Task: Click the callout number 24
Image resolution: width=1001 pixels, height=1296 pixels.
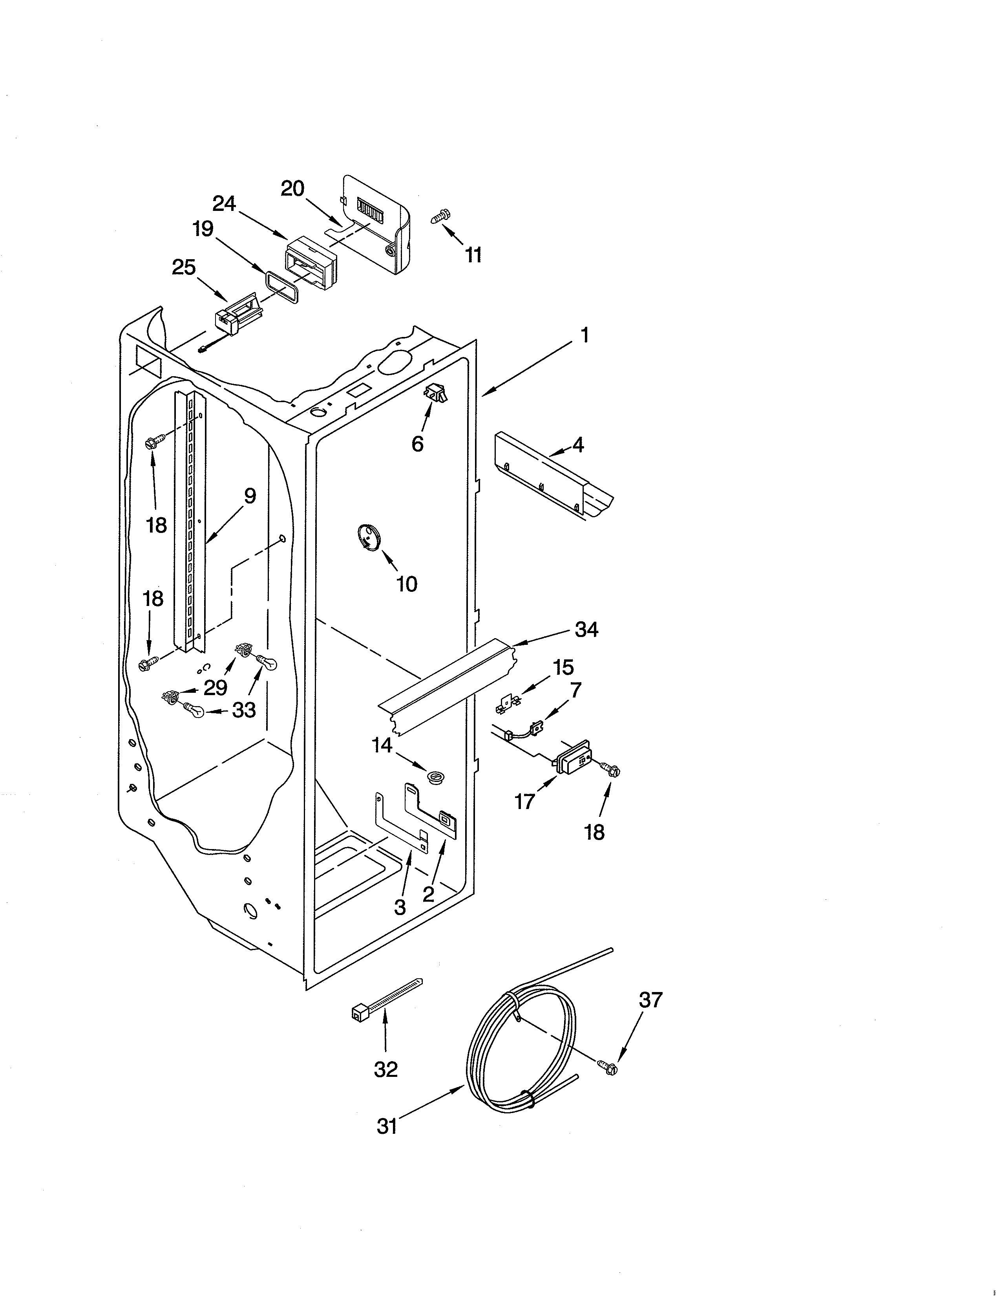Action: click(x=224, y=204)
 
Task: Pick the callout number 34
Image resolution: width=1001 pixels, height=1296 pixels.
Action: click(x=586, y=629)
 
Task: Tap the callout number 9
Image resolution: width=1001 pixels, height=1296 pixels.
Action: click(x=250, y=496)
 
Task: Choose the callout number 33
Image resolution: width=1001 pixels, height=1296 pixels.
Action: click(x=244, y=710)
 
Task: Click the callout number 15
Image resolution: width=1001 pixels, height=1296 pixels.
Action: click(x=563, y=668)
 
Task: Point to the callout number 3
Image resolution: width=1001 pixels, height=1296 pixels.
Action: click(x=400, y=907)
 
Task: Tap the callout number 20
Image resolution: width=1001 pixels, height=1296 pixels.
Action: click(x=292, y=189)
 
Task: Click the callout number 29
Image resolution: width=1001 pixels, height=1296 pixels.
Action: click(x=215, y=688)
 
